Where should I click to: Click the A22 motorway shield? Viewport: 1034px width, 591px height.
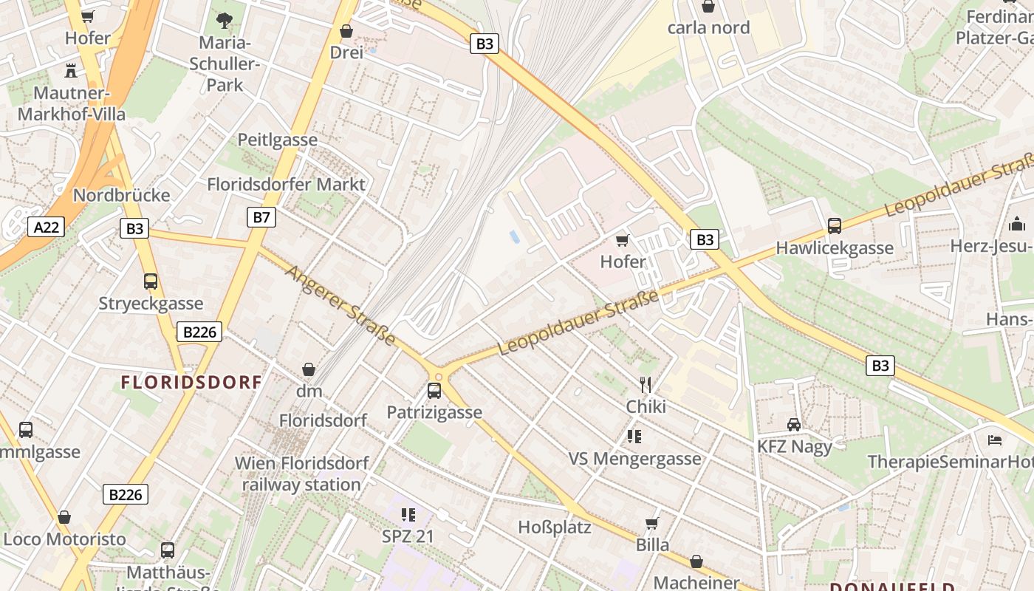point(46,227)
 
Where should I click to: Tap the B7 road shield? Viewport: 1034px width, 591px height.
point(261,216)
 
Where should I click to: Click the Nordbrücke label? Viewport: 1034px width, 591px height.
point(121,195)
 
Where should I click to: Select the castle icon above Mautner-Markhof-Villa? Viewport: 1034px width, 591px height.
point(71,71)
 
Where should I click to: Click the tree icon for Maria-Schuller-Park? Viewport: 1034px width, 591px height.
point(225,20)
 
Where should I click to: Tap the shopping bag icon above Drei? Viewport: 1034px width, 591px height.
point(346,31)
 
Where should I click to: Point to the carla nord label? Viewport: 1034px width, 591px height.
point(708,28)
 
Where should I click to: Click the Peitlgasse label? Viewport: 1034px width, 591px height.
point(277,140)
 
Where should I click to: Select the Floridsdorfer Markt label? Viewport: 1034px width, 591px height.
point(287,184)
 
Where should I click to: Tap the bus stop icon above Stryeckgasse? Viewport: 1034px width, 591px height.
point(151,281)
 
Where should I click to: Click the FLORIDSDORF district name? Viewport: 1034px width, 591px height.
point(191,382)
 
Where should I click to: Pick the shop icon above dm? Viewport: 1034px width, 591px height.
point(309,369)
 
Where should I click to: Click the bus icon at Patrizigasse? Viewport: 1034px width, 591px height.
point(434,390)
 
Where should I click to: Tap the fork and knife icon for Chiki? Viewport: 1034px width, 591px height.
point(646,384)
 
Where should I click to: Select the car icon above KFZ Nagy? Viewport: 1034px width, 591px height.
point(794,424)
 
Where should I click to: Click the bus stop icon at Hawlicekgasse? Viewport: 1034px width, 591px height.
point(835,225)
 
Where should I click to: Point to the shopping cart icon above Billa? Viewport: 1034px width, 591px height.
point(652,523)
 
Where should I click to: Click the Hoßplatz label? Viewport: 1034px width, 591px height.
point(555,527)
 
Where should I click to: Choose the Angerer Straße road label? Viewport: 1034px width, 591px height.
point(340,305)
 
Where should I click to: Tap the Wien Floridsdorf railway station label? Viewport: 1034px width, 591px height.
point(301,474)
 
